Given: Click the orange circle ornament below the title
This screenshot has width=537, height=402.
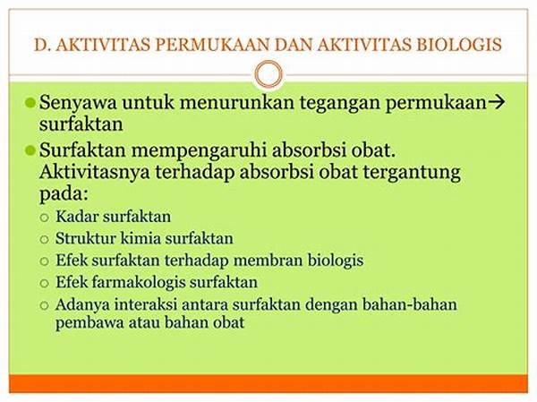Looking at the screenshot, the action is (268, 74).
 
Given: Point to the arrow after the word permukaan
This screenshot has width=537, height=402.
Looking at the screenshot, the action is (496, 102).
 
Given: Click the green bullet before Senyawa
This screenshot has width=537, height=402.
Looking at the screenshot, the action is (30, 102).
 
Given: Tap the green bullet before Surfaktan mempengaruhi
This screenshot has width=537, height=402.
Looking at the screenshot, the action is (30, 150).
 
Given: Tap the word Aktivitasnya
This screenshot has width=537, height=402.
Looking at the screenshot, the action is (95, 173).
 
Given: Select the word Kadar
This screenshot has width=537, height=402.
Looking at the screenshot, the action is (77, 217).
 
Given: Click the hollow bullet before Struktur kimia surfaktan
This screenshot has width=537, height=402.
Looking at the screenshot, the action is (44, 239).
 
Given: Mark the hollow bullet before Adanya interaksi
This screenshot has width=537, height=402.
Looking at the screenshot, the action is (44, 305).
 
